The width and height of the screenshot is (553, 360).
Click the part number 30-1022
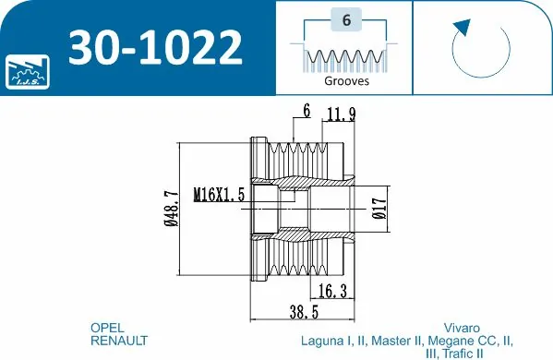click(x=156, y=46)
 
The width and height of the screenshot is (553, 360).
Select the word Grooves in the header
click(x=346, y=81)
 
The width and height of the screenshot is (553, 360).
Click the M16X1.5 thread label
click(x=219, y=195)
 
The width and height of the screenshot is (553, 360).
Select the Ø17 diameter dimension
click(x=379, y=210)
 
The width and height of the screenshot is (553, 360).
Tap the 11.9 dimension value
click(x=341, y=114)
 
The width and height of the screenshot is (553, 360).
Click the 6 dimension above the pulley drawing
click(x=305, y=112)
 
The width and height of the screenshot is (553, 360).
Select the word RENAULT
click(x=118, y=341)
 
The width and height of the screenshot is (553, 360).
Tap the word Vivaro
click(x=462, y=328)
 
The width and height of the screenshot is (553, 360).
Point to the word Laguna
click(x=323, y=341)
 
